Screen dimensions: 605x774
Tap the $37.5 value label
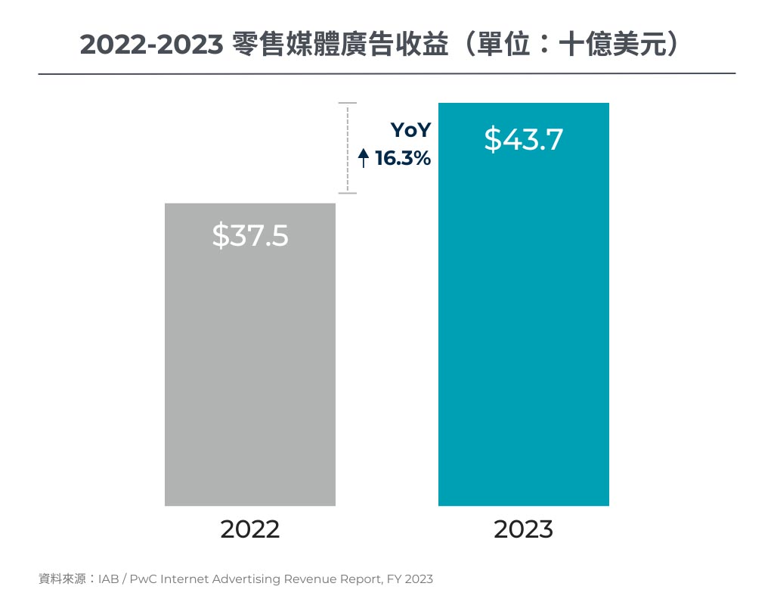click(x=249, y=236)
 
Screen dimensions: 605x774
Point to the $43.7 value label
click(x=523, y=139)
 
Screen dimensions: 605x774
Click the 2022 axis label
click(x=249, y=529)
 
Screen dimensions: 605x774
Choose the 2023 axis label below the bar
click(x=523, y=529)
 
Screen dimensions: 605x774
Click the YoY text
click(x=410, y=130)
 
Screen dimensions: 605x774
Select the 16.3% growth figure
click(x=403, y=159)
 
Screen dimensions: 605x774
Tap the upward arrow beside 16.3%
click(x=363, y=159)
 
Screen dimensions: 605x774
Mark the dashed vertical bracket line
click(x=347, y=147)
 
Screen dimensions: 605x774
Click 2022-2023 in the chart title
click(x=150, y=45)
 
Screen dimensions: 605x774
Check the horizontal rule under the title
click(x=386, y=73)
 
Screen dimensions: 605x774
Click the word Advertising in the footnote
click(x=246, y=579)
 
